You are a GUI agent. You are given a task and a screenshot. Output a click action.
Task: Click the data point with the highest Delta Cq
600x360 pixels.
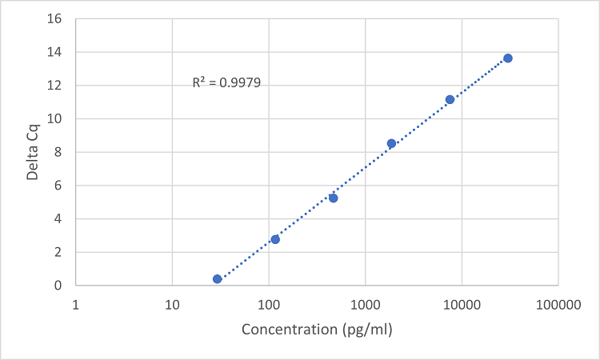[x=507, y=58]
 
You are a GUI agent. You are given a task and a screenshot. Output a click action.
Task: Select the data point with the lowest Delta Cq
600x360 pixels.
[x=217, y=279]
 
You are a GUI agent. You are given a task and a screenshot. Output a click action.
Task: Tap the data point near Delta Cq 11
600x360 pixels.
[x=450, y=99]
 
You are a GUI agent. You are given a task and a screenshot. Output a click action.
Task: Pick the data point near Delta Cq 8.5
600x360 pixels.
[x=391, y=143]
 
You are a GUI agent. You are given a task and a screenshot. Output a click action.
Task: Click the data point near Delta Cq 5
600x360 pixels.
[x=333, y=198]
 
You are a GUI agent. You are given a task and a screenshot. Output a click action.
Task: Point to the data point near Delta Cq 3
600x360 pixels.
[x=275, y=239]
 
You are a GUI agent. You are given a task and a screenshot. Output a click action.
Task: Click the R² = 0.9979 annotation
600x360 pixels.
[x=226, y=82]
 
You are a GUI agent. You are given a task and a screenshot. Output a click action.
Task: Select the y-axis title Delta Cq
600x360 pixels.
[x=33, y=151]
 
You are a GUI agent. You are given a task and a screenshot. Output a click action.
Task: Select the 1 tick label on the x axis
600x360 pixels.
[x=75, y=305]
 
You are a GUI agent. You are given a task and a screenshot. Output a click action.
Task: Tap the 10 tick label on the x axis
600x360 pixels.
[x=172, y=305]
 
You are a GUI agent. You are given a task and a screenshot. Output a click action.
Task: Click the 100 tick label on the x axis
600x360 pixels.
[x=269, y=305]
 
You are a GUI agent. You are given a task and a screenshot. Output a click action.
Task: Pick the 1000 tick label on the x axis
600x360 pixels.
[x=365, y=305]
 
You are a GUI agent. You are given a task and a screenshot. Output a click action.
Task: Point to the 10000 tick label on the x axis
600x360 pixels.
[x=462, y=305]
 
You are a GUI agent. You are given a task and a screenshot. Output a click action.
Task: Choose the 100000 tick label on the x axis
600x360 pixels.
[x=558, y=305]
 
